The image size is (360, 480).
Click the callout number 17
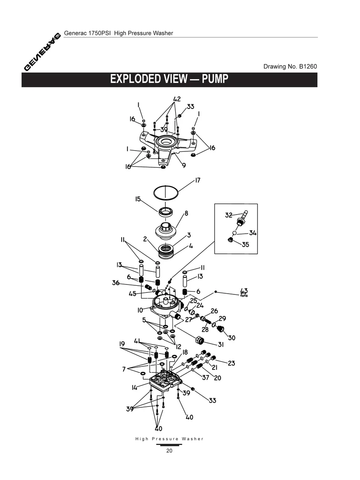point(197,181)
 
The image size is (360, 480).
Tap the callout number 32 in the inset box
point(228,215)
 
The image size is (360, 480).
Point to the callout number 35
point(246,245)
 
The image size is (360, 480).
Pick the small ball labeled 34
point(235,233)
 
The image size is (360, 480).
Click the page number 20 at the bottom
point(169,451)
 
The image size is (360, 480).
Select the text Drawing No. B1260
point(290,66)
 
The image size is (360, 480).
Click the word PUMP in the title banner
point(215,79)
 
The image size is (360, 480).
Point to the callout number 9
point(184,165)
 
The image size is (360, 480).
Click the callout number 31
point(220,345)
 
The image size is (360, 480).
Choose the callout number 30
point(231,338)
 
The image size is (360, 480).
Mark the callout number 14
point(135,387)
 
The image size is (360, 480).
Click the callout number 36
point(116,283)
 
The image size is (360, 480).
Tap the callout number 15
point(138,199)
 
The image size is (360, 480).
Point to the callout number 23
point(231,363)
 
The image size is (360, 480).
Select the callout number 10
point(140,310)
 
